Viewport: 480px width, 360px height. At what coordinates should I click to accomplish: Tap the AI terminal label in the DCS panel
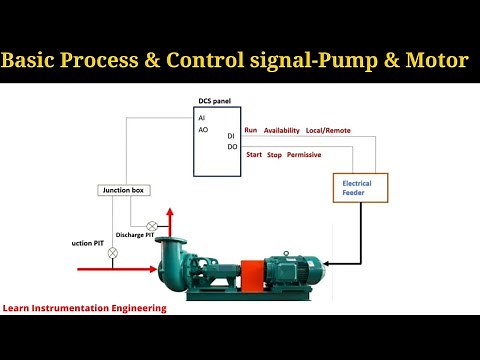coord(202,118)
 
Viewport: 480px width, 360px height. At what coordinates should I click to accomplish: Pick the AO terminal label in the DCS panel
coord(203,130)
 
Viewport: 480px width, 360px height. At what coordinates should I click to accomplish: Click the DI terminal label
coord(231,136)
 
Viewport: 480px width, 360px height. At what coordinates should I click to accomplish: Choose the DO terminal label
coord(232,148)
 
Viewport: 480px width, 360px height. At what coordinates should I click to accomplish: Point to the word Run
coord(250,130)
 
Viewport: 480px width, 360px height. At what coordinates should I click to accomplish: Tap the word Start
coord(253,154)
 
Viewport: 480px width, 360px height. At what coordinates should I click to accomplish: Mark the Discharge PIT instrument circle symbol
coord(152,226)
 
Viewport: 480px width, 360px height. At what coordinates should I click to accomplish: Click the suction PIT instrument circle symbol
coord(113,253)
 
